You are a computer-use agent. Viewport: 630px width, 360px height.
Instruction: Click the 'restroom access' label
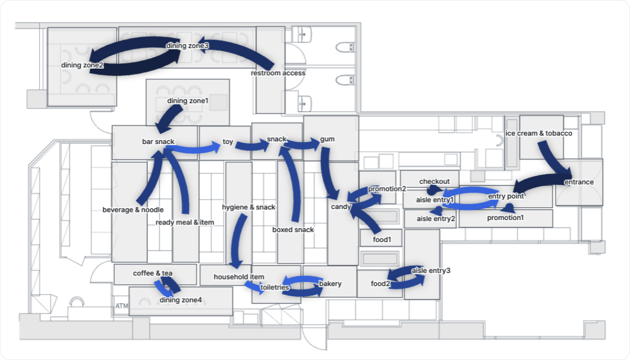[277, 73]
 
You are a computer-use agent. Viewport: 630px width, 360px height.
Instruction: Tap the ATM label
[121, 305]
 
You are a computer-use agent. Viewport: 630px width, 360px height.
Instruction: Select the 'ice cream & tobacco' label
[538, 133]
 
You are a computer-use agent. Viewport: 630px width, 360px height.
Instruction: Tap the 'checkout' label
[434, 181]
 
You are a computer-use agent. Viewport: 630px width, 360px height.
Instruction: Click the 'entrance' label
[578, 182]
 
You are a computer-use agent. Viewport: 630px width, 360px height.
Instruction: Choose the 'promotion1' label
[505, 217]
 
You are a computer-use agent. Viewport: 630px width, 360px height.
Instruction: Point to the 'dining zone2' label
[82, 65]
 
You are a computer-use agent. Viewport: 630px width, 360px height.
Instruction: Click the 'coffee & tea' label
[152, 273]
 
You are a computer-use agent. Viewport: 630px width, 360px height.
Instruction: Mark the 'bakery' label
[330, 283]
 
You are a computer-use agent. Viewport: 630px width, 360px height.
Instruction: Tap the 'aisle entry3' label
[430, 270]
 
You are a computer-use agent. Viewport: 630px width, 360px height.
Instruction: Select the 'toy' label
[227, 142]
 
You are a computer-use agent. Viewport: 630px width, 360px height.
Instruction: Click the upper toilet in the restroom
[344, 47]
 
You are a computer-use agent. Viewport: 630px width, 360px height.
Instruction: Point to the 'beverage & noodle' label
[133, 209]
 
